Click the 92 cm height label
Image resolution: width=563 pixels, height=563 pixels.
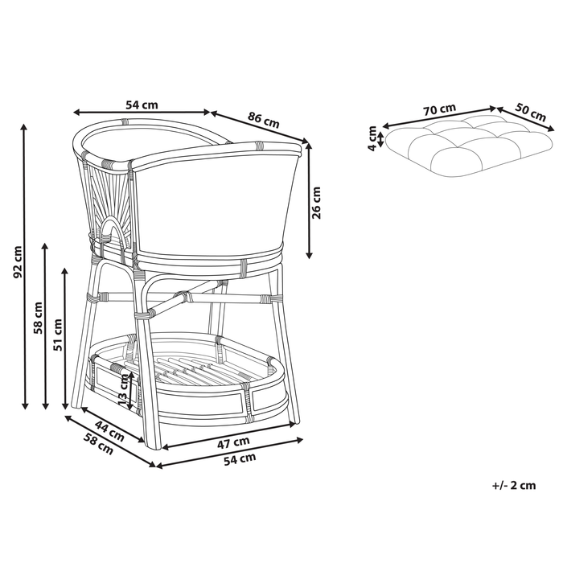pos(17,262)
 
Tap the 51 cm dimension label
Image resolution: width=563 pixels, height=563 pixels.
pos(57,335)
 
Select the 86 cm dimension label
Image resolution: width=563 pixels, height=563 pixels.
pos(263,120)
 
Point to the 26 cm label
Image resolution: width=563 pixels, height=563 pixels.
pos(316,203)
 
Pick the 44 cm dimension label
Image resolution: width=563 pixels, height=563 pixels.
pos(109,431)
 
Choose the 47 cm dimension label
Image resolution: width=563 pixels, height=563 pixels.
pos(233,442)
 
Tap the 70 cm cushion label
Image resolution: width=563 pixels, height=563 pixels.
pos(439,109)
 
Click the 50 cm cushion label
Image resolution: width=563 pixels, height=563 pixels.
pos(530,112)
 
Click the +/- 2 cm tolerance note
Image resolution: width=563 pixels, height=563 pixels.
pos(513,486)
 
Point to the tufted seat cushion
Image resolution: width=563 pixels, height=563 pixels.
pos(469,146)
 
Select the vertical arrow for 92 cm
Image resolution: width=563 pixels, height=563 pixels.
pos(24,266)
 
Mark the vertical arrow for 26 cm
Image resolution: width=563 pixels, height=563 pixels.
pos(309,199)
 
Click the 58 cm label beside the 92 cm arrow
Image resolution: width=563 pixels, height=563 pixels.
pos(38,318)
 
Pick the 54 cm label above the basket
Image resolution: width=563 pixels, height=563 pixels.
pos(142,105)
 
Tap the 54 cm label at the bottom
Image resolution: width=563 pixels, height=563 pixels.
pos(240,459)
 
